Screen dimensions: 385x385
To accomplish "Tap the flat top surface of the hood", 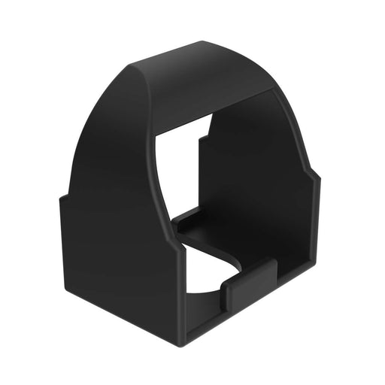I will [x=214, y=72].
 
